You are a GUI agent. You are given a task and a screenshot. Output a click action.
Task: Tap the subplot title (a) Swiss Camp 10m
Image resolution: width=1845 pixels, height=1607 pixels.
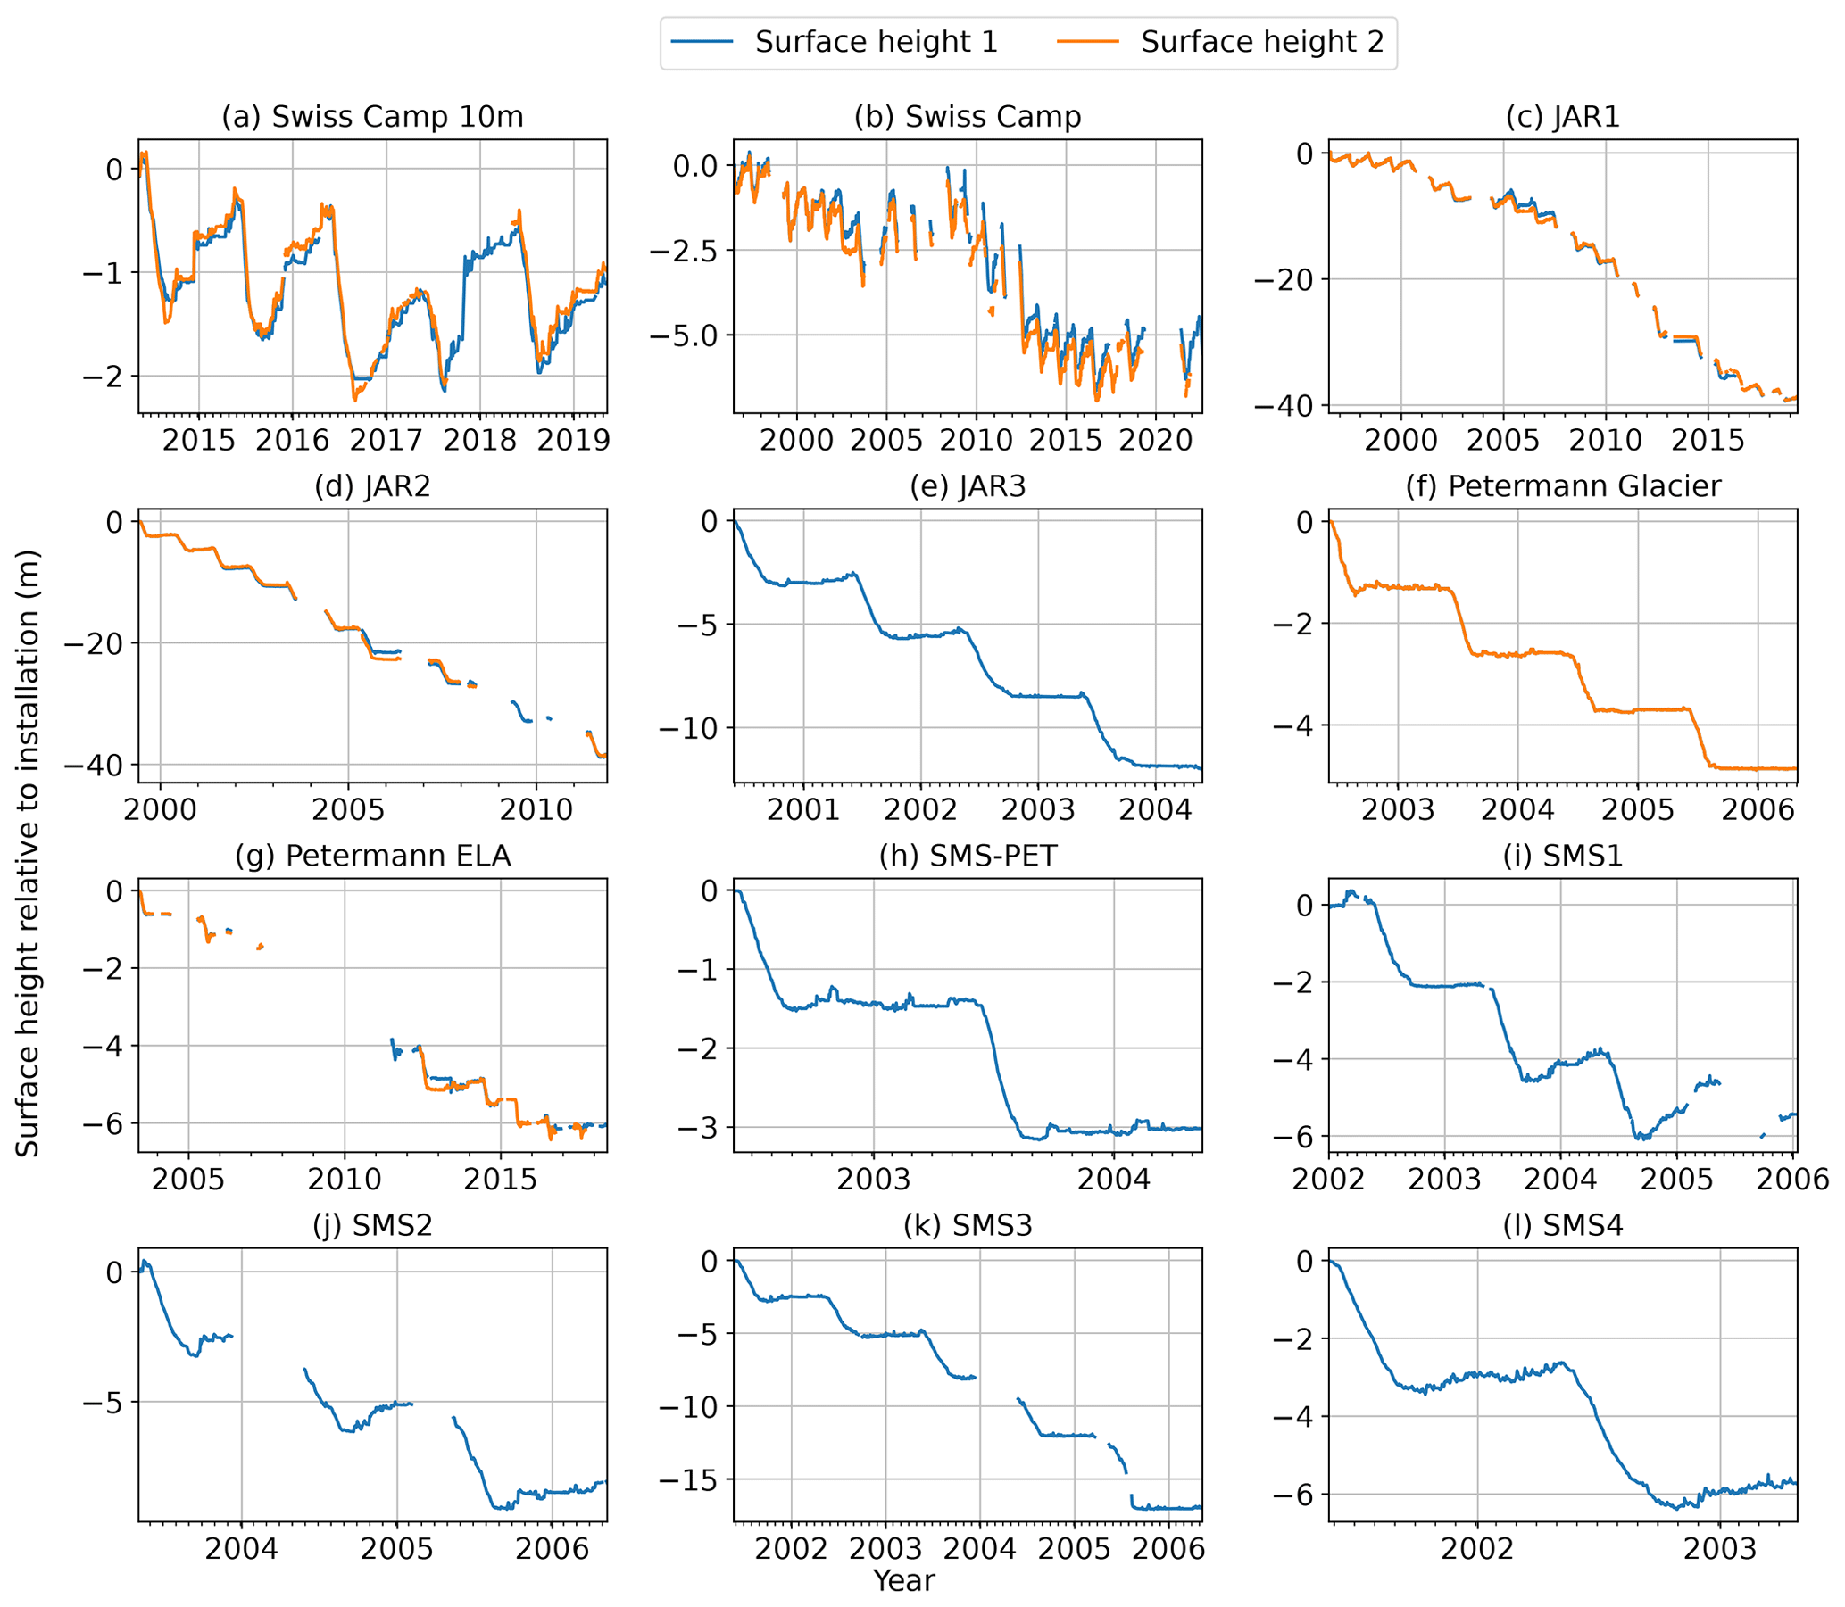pos(372,118)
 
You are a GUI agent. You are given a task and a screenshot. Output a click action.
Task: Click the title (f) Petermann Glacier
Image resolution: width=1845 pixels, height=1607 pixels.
pos(1561,487)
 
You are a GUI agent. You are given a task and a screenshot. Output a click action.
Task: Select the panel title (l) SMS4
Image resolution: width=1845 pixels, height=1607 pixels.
pos(1561,1226)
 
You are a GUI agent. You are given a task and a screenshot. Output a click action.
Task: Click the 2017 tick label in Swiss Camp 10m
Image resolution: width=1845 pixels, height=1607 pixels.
pos(386,441)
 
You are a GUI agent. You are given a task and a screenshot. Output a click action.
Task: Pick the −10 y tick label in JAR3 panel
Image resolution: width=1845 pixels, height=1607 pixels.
pos(693,728)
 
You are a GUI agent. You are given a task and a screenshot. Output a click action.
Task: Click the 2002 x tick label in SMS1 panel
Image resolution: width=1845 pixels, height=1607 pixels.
pos(1329,1180)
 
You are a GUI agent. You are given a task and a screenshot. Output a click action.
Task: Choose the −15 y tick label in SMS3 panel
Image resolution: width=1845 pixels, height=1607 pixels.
pos(693,1479)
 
